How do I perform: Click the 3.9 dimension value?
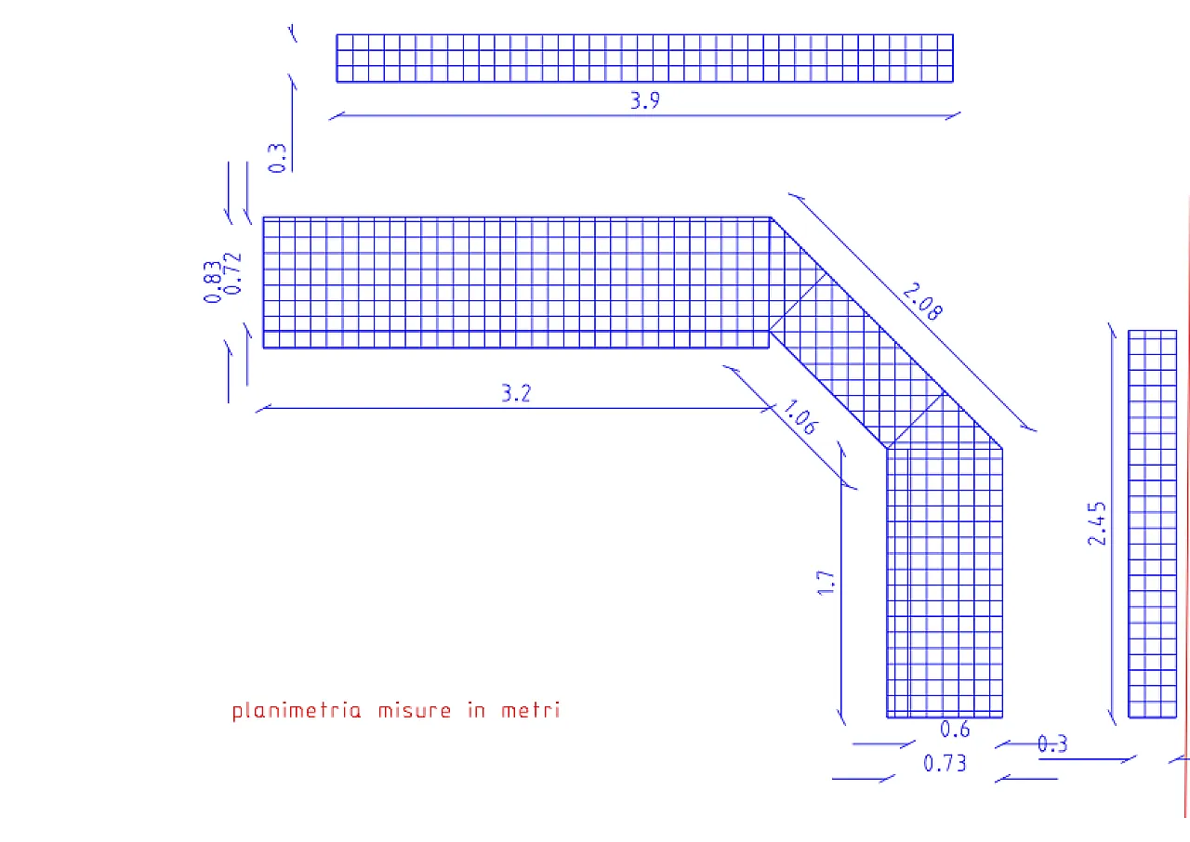pyautogui.click(x=644, y=101)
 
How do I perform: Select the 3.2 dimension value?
pyautogui.click(x=516, y=393)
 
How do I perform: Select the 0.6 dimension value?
pyautogui.click(x=955, y=730)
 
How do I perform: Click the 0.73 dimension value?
pyautogui.click(x=945, y=763)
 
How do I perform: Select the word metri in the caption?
pyautogui.click(x=530, y=711)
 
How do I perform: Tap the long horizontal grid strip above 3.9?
pyautogui.click(x=644, y=59)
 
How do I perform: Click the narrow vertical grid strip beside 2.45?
pyautogui.click(x=1152, y=523)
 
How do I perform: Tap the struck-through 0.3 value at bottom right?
pyautogui.click(x=1052, y=743)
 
